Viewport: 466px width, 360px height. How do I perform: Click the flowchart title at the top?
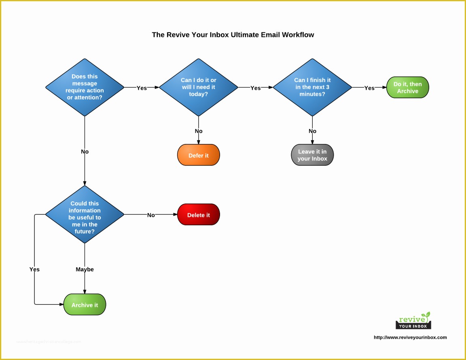tap(233, 35)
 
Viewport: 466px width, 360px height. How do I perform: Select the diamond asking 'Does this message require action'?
tap(85, 87)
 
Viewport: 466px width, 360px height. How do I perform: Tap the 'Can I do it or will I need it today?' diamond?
tap(198, 87)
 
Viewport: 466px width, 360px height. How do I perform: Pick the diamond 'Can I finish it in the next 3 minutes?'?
tap(312, 87)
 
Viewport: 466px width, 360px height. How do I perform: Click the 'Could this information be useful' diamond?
tap(85, 214)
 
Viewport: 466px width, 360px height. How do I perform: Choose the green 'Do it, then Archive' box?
tap(407, 88)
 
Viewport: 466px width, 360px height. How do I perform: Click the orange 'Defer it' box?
tap(198, 155)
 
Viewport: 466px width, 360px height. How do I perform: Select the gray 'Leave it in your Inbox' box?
tap(312, 155)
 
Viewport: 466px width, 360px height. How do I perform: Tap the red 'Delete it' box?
tap(198, 215)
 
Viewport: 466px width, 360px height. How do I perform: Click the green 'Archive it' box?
tap(85, 305)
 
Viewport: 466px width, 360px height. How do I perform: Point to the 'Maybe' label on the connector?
tap(85, 269)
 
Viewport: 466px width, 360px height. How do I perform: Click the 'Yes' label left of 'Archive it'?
tap(34, 269)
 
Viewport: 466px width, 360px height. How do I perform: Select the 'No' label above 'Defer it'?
tap(199, 131)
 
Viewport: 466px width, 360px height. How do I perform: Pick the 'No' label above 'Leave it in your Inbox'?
tap(312, 131)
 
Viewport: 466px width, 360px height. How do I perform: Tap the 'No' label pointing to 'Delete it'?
tap(151, 215)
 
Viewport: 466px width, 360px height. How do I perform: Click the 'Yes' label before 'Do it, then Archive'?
tap(369, 88)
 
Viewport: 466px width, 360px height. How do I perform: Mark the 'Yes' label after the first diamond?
tap(142, 88)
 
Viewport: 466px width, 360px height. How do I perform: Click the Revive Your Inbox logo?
tap(413, 321)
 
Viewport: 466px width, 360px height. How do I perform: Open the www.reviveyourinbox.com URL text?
tap(410, 337)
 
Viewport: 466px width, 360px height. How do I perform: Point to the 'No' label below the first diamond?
tap(85, 152)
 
